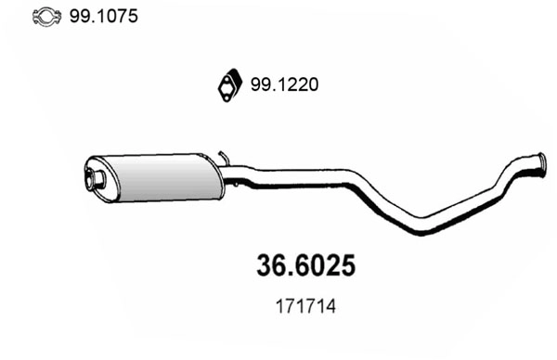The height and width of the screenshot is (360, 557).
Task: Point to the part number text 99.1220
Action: click(x=284, y=85)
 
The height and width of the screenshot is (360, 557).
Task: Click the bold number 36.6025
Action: click(x=305, y=265)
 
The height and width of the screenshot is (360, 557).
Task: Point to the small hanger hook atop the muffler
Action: click(x=222, y=154)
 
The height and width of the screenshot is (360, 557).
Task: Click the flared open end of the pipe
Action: click(x=536, y=163)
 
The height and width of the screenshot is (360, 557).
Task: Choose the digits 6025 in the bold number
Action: click(x=325, y=265)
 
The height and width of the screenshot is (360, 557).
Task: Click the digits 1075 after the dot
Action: click(x=115, y=16)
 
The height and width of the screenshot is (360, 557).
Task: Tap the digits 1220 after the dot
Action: click(x=298, y=85)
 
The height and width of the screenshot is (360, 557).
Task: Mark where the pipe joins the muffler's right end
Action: click(x=225, y=172)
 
